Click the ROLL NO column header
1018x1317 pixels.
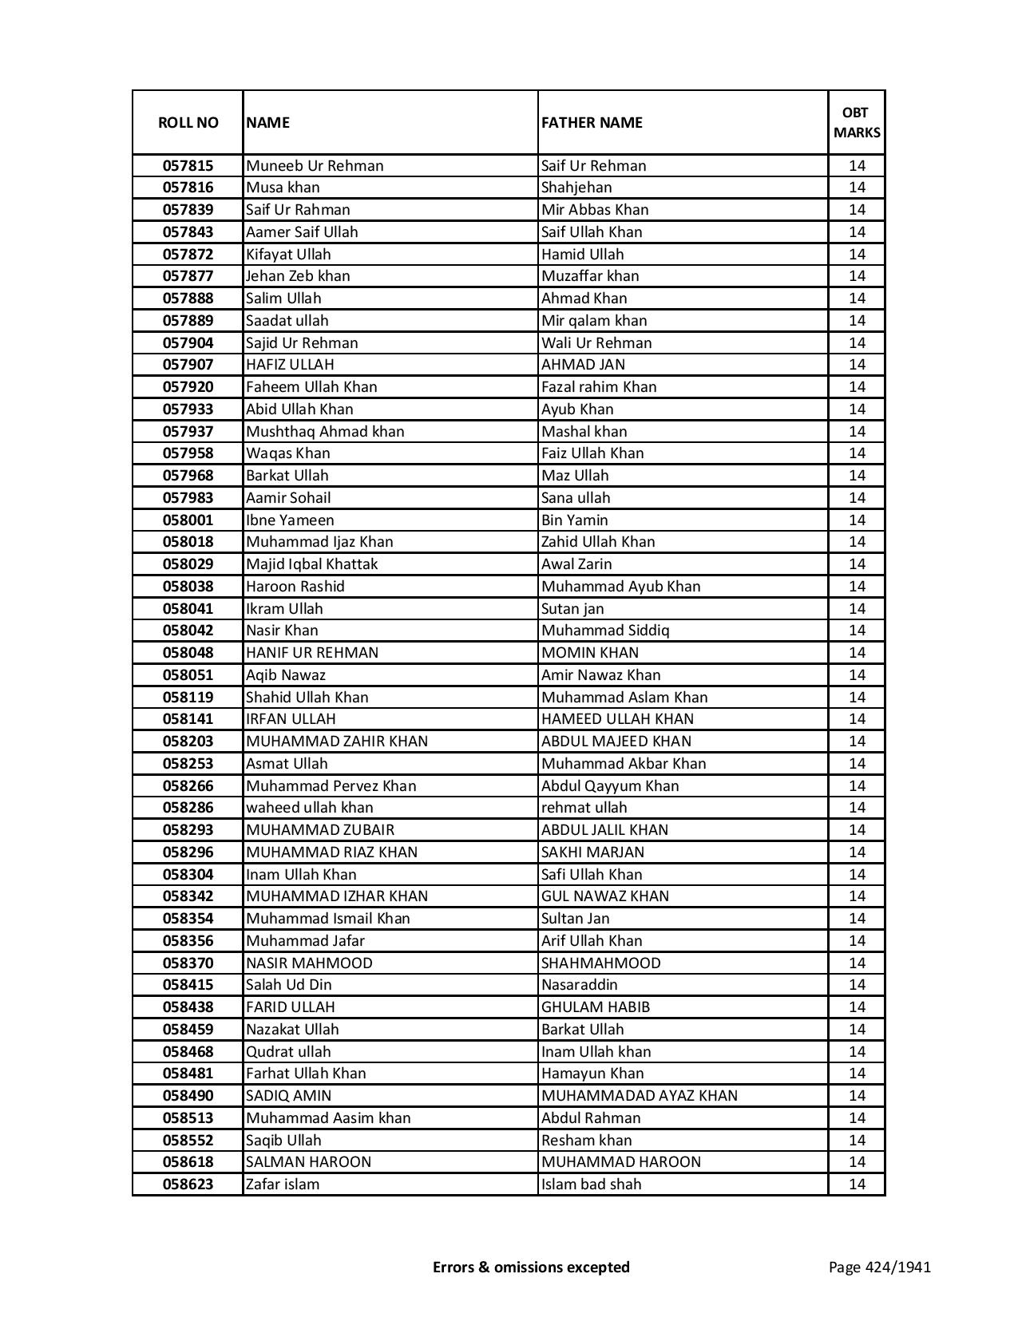pos(188,122)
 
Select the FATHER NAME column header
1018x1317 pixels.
pos(592,122)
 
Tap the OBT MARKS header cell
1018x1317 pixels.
pos(857,122)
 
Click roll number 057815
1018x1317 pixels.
pos(188,166)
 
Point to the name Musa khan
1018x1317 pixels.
pos(283,188)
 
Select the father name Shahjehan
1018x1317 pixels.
pos(576,188)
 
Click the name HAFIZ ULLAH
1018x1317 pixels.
pos(290,365)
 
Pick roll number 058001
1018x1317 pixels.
pos(188,520)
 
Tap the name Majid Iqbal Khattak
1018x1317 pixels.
pos(311,564)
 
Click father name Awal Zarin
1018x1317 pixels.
pos(576,564)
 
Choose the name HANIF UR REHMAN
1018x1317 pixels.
pos(312,653)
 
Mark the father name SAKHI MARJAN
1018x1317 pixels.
pos(592,852)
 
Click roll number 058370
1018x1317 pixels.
pos(188,963)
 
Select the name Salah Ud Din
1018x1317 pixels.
pos(288,985)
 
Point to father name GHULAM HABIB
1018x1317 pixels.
pos(596,1007)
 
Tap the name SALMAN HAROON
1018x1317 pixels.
pos(308,1162)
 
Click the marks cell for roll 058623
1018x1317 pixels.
pos(857,1185)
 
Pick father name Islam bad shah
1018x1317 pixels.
pos(591,1185)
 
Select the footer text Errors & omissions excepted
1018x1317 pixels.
pos(531,1267)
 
